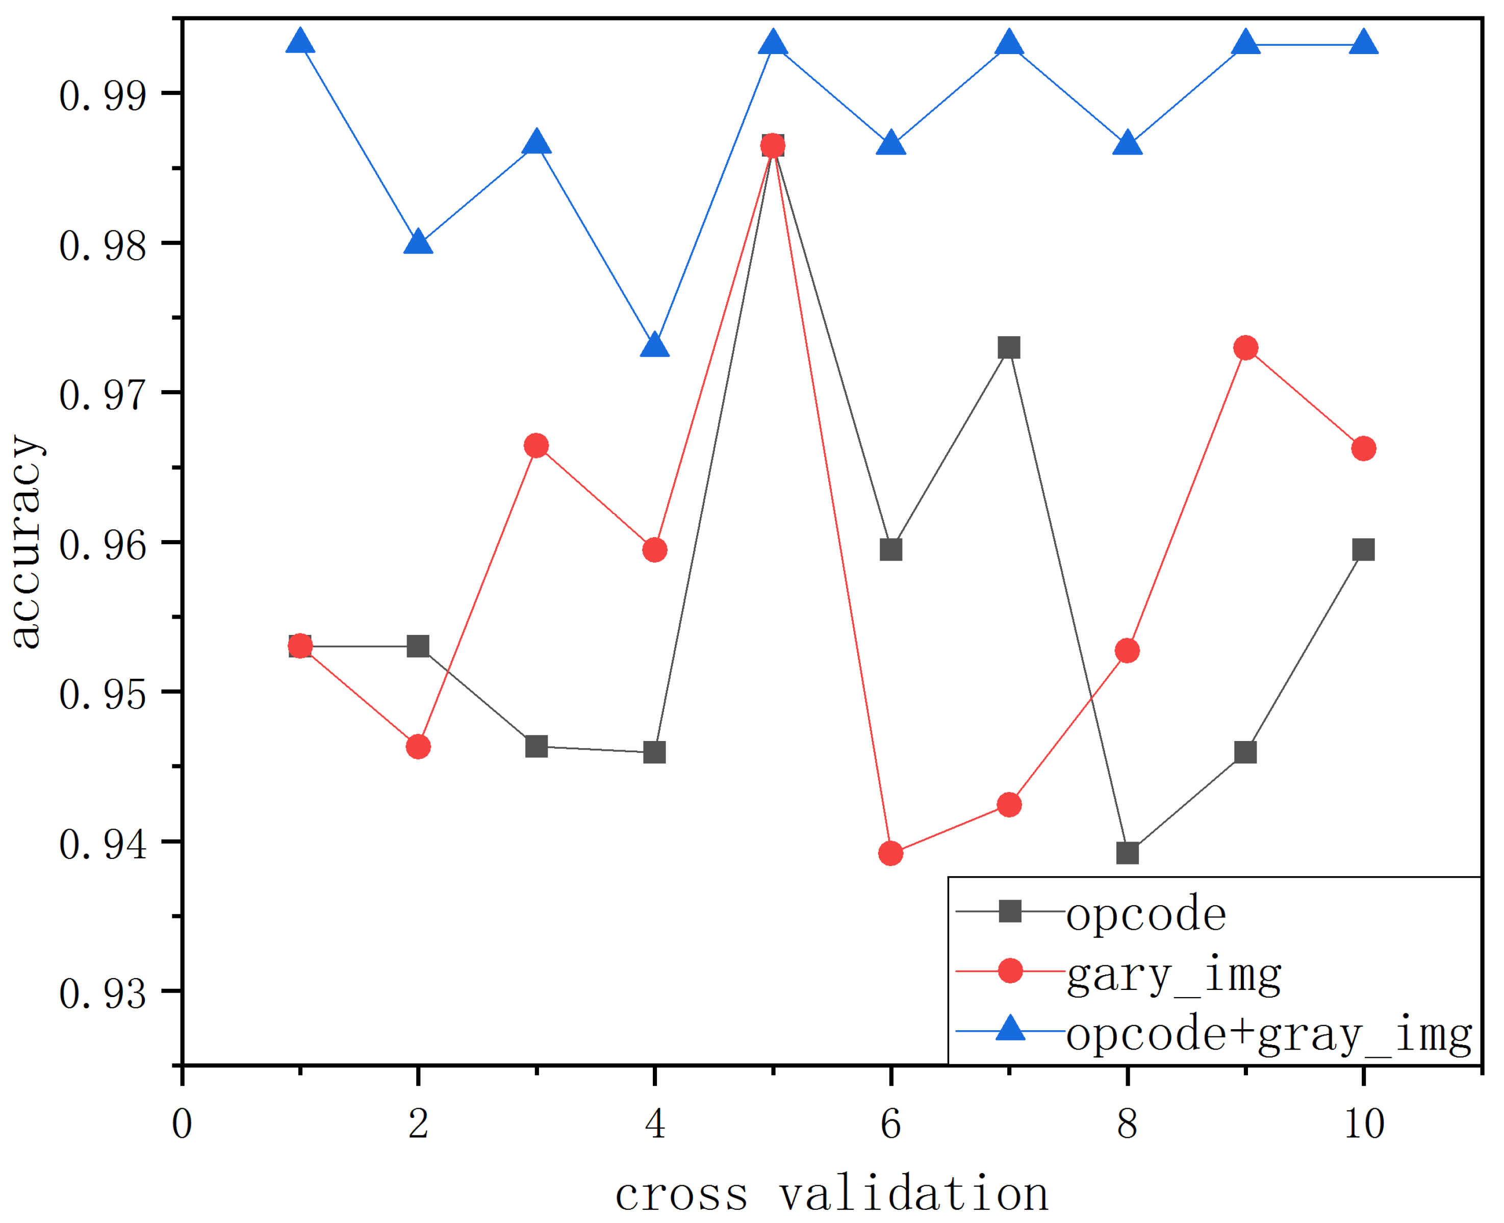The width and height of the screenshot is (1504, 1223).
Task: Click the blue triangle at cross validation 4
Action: [x=654, y=346]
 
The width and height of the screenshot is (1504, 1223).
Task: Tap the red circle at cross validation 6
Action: [x=891, y=853]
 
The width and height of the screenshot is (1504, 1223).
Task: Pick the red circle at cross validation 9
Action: [x=1246, y=347]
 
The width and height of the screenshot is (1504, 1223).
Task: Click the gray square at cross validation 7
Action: [x=1009, y=347]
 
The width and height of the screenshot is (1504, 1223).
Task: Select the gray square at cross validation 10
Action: [x=1364, y=549]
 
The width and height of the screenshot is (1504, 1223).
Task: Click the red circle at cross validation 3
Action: [x=537, y=445]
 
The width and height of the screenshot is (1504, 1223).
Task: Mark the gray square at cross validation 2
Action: [x=418, y=646]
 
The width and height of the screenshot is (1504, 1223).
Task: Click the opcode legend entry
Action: [x=1146, y=914]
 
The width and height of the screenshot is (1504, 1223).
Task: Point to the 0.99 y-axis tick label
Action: [x=103, y=95]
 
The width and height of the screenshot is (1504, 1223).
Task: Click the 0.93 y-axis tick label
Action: [x=103, y=993]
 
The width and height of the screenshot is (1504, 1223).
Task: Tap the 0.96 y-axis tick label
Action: [x=103, y=545]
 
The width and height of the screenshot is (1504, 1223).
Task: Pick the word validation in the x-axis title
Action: [x=914, y=1193]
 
